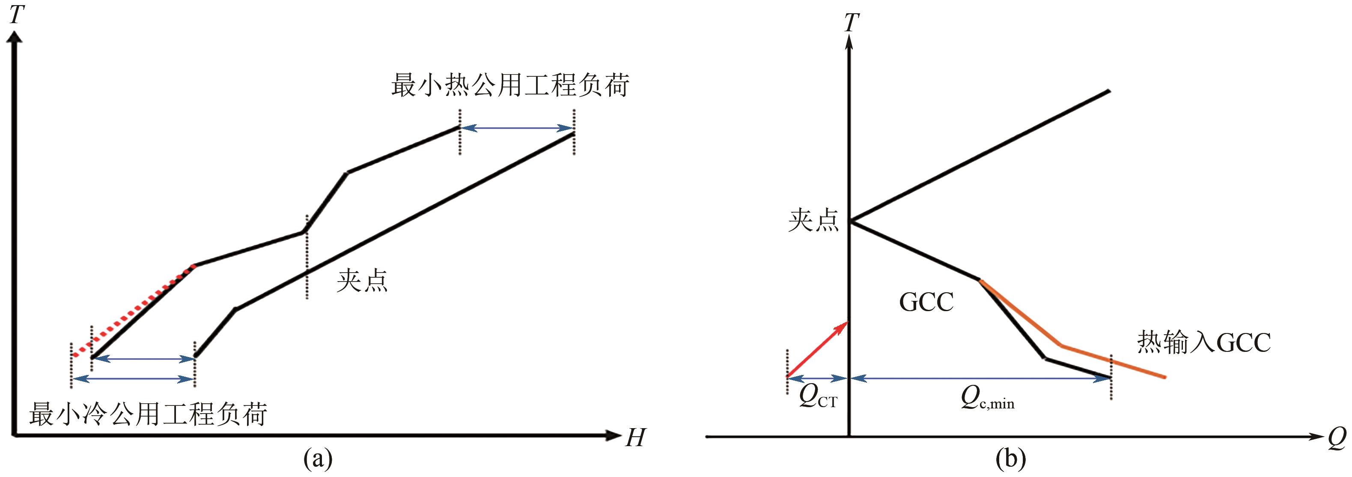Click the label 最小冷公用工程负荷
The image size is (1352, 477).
coord(148,414)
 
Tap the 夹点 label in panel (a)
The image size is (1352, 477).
coord(362,281)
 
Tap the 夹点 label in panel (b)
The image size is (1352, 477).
coord(813,220)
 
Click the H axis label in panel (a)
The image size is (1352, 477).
coord(636,438)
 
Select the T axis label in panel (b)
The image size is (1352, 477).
coord(851,22)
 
